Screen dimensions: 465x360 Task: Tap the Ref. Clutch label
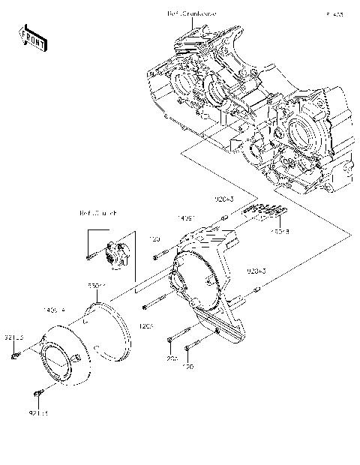pos(97,213)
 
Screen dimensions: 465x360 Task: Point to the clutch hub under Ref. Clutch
pos(116,255)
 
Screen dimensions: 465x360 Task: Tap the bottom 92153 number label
pos(38,412)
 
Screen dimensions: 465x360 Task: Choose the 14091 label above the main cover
pos(187,217)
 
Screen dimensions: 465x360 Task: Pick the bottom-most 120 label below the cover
pos(188,367)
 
